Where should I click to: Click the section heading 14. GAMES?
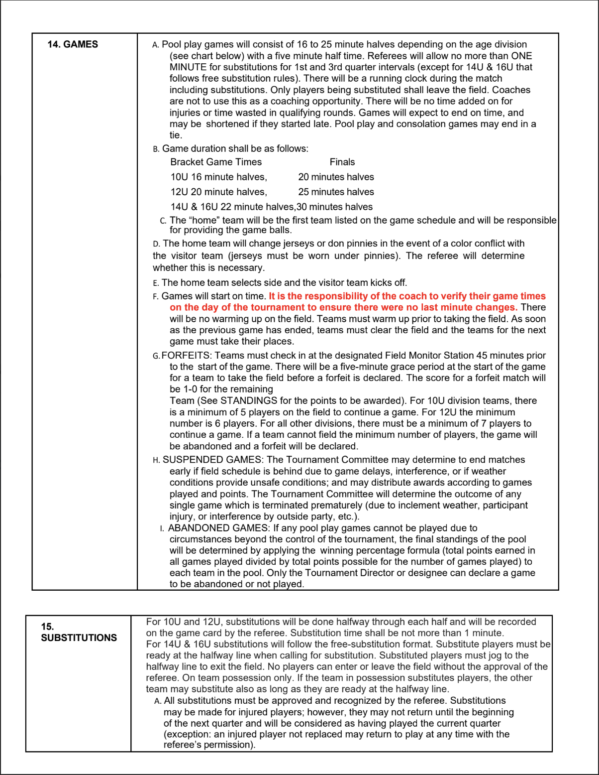coord(73,44)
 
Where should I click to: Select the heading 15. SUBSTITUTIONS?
coord(79,632)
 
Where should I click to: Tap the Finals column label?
coord(342,162)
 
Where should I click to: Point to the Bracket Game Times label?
coord(216,162)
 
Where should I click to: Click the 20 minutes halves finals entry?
coord(336,177)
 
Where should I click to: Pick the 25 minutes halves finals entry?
coord(336,192)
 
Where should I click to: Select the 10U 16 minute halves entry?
coord(218,177)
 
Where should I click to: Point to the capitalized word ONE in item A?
coord(521,56)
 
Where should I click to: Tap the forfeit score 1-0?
coord(188,389)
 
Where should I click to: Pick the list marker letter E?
coord(156,283)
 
